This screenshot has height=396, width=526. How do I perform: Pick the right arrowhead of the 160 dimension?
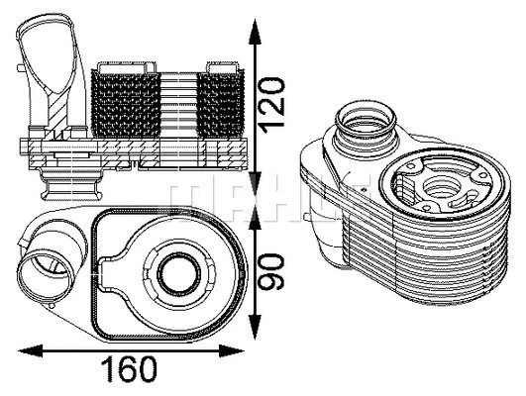click(x=242, y=349)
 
